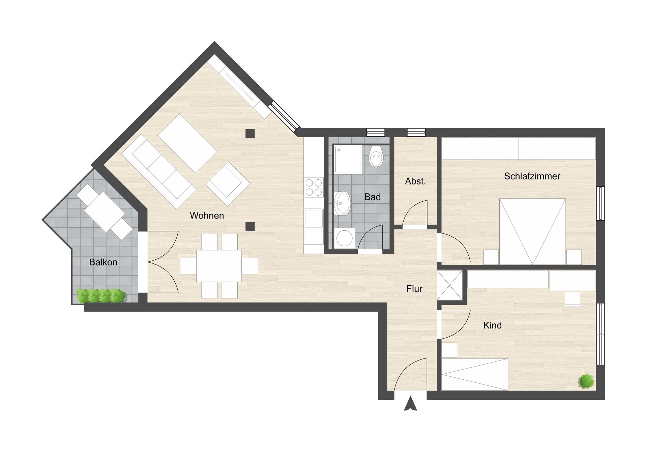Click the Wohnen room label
coord(207,216)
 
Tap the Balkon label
coord(103,262)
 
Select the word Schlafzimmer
coord(532,176)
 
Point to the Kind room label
coord(492,325)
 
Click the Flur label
coord(414,289)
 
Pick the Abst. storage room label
coord(415,181)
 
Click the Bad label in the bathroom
coord(372,197)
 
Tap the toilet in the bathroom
coord(376,156)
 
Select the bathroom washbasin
coord(342,203)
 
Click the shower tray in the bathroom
coord(348,159)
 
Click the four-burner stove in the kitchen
coord(313,188)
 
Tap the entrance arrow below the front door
coord(410,404)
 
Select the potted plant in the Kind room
coord(587,381)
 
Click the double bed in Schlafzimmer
coord(532,231)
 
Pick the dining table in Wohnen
coord(219,266)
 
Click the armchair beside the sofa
coord(228,184)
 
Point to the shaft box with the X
coord(450,285)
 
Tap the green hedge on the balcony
coord(101,295)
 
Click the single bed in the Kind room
coord(475,374)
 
